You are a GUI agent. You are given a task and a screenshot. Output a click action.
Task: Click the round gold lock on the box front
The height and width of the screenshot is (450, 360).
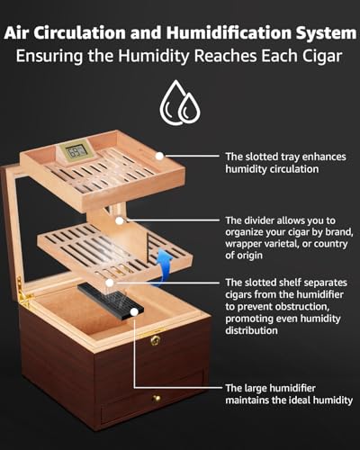pos(156,340)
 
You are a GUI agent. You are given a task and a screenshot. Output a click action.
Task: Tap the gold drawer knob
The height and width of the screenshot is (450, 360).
pos(156,399)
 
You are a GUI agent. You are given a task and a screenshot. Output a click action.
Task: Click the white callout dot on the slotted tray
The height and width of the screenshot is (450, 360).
pos(159,156)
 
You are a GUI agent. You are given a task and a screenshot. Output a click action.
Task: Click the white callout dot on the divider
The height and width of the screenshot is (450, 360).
pos(120,220)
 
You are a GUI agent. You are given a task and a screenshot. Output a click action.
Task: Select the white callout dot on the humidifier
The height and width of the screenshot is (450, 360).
pos(134,312)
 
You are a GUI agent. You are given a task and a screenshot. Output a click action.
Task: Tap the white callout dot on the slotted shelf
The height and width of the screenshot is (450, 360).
pos(110,283)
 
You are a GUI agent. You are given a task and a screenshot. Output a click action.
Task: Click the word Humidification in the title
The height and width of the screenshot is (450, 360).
pos(229,32)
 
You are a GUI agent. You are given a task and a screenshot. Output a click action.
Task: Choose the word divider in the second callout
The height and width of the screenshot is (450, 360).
pos(259,220)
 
